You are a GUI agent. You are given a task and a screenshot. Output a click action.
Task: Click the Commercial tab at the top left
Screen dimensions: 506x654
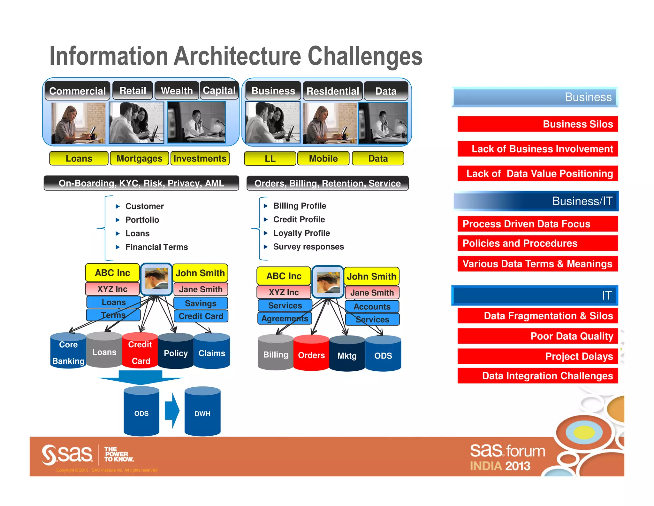point(77,91)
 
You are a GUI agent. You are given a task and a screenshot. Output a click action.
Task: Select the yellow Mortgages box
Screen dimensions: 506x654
point(139,158)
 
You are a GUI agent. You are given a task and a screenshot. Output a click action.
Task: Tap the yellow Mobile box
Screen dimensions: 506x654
point(323,158)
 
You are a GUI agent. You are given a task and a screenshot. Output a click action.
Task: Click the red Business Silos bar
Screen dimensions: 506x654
point(537,124)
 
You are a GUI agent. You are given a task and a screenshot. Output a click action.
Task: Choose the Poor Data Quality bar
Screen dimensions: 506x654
point(537,336)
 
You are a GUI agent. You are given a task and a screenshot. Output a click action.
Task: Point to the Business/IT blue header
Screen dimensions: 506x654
point(536,201)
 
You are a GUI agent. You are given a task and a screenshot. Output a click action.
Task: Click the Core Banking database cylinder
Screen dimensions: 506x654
point(68,352)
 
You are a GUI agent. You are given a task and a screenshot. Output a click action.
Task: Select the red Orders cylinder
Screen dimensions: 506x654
point(311,354)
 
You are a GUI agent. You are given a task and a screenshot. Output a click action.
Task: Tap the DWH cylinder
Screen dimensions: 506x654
point(202,413)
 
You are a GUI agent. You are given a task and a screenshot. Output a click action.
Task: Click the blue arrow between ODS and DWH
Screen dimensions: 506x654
point(172,411)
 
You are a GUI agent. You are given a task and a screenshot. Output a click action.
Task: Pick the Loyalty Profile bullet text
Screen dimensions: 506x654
point(301,233)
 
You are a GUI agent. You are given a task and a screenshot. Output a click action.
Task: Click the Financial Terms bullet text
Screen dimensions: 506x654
point(156,247)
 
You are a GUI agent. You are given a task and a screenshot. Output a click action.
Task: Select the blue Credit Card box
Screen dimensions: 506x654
point(201,316)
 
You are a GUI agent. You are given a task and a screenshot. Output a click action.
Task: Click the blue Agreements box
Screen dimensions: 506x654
point(285,318)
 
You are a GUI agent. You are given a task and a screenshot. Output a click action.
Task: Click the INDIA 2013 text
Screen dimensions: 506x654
point(500,466)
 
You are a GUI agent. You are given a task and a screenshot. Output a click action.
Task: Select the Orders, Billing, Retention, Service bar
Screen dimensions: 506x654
point(327,183)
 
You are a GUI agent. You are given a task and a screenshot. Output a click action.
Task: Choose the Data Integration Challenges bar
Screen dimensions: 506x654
point(537,376)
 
